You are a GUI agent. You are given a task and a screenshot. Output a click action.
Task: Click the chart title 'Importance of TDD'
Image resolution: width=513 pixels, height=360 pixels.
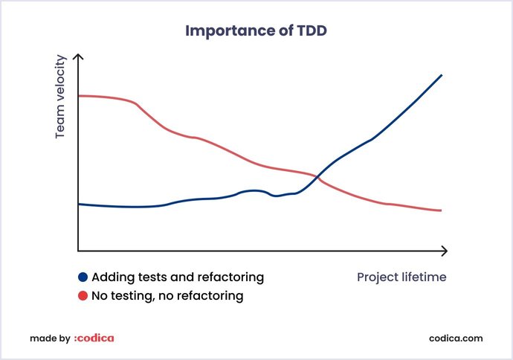pyautogui.click(x=256, y=31)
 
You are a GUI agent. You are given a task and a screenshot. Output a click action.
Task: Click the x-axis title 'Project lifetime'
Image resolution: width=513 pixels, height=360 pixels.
pyautogui.click(x=401, y=277)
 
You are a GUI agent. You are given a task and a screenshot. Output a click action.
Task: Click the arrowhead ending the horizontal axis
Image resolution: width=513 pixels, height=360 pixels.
pyautogui.click(x=445, y=251)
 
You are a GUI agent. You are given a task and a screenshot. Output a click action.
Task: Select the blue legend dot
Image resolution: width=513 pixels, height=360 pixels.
pyautogui.click(x=83, y=277)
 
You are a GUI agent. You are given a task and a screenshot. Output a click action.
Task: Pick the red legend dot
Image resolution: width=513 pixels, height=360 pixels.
pyautogui.click(x=83, y=296)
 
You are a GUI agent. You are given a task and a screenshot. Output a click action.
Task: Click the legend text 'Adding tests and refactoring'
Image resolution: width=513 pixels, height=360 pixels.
pyautogui.click(x=178, y=277)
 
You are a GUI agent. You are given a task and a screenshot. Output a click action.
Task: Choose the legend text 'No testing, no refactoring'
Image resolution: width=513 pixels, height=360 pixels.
pyautogui.click(x=167, y=296)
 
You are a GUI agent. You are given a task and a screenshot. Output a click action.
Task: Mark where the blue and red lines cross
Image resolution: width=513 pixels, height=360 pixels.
pyautogui.click(x=317, y=177)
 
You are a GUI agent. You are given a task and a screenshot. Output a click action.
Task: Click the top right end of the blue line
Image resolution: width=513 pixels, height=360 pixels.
pyautogui.click(x=442, y=75)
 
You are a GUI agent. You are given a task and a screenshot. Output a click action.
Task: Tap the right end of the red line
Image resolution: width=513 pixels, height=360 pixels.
pyautogui.click(x=442, y=210)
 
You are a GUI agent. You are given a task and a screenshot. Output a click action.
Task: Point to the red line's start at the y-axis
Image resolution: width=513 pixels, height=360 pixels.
pyautogui.click(x=80, y=96)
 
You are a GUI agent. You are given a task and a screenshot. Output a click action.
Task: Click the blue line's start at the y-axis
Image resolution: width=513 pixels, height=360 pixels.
pyautogui.click(x=80, y=204)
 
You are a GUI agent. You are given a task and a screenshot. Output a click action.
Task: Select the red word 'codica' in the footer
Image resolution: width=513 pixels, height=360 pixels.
pyautogui.click(x=94, y=338)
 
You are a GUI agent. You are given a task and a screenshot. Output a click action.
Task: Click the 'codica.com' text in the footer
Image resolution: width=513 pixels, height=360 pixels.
pyautogui.click(x=456, y=338)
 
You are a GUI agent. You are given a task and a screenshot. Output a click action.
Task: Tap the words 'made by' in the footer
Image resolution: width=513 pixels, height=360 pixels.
pyautogui.click(x=49, y=338)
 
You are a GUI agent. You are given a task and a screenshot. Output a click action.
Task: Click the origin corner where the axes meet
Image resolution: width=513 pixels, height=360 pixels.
pyautogui.click(x=79, y=251)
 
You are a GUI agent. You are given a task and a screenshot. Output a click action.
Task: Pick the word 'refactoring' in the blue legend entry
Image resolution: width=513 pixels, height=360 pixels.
pyautogui.click(x=230, y=277)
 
